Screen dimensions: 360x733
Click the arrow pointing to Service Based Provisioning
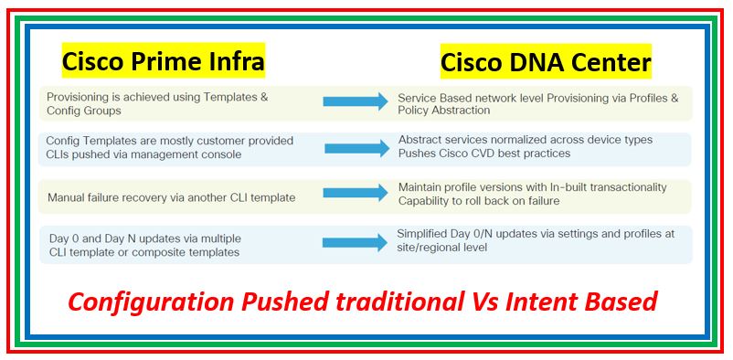[x=356, y=102]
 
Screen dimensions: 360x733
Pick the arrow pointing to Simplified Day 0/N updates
[x=356, y=243]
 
